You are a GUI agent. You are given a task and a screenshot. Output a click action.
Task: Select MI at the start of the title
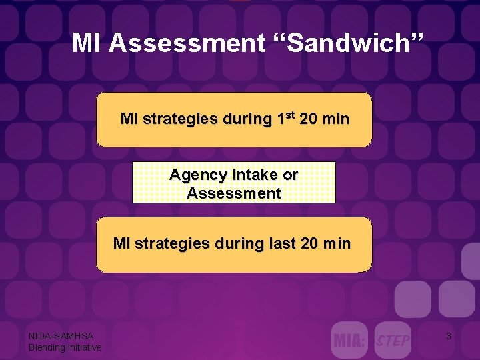[x=87, y=43]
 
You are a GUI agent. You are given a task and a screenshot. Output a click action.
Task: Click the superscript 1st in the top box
[x=284, y=118]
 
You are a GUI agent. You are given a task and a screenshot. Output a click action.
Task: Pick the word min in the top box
[x=335, y=119]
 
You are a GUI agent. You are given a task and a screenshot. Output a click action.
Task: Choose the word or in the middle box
[x=291, y=175]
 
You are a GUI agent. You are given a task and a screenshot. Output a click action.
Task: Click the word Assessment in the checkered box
[x=234, y=193]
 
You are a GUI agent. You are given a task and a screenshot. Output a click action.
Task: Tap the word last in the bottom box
[x=282, y=243]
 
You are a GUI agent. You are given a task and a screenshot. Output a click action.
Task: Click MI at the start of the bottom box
[x=121, y=243]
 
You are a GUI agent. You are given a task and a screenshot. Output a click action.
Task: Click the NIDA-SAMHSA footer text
[x=61, y=336]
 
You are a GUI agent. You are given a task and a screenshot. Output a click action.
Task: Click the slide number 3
[x=448, y=337]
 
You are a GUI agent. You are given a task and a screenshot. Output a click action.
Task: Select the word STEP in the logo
[x=393, y=341]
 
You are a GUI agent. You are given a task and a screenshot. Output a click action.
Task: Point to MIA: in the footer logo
[x=349, y=341]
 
